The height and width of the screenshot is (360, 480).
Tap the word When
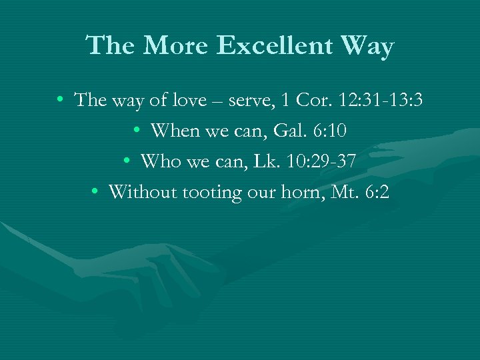[x=175, y=131]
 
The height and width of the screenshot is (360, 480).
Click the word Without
[x=137, y=193]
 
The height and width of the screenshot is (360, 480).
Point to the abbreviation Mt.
[x=339, y=193]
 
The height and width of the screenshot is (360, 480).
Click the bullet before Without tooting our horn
[x=96, y=193]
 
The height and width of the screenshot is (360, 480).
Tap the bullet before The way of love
[x=61, y=101]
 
